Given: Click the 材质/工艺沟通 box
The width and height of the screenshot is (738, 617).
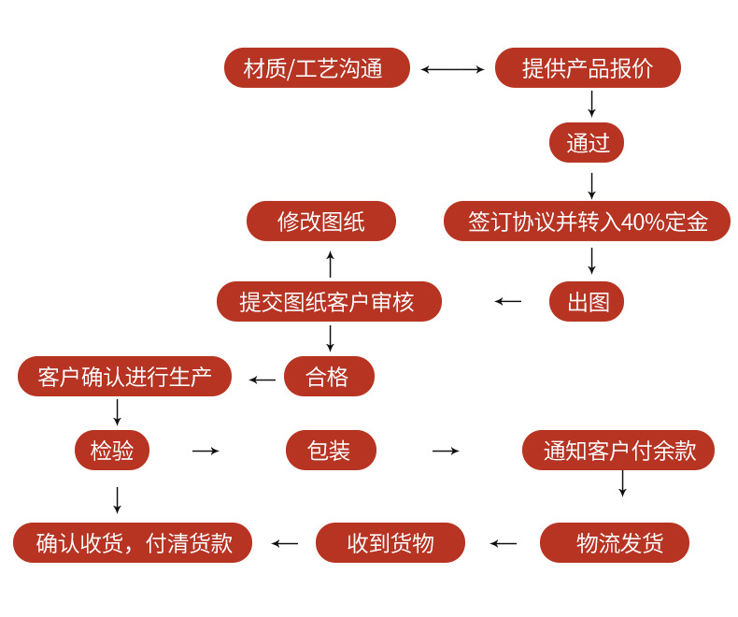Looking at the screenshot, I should pyautogui.click(x=317, y=68).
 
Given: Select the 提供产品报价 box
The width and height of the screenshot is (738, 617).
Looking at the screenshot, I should pyautogui.click(x=588, y=68).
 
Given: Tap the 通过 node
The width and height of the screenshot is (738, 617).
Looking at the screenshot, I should pyautogui.click(x=587, y=143).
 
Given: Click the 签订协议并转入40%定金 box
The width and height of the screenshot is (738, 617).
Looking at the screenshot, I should pyautogui.click(x=587, y=222).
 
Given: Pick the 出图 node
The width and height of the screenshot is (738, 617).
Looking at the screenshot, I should pyautogui.click(x=587, y=301).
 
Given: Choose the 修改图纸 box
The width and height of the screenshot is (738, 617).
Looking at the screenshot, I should pyautogui.click(x=321, y=222).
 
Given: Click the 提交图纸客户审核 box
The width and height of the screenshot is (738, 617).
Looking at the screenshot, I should pyautogui.click(x=329, y=301).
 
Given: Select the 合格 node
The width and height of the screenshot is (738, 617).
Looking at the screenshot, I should pyautogui.click(x=329, y=377).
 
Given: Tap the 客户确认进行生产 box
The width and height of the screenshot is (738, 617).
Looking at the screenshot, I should pyautogui.click(x=124, y=377).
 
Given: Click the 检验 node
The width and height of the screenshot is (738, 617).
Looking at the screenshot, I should pyautogui.click(x=112, y=451).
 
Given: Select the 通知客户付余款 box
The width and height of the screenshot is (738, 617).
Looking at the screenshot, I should pyautogui.click(x=618, y=451).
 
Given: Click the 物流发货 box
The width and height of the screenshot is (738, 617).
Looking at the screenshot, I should pyautogui.click(x=615, y=543).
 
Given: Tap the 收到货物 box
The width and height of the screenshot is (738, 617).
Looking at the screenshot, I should pyautogui.click(x=390, y=543).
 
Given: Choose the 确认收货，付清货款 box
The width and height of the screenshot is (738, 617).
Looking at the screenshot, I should pyautogui.click(x=133, y=543).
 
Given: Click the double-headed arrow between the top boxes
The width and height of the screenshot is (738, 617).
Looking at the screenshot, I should pyautogui.click(x=452, y=69).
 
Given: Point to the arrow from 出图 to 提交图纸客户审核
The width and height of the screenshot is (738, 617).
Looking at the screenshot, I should pyautogui.click(x=508, y=301).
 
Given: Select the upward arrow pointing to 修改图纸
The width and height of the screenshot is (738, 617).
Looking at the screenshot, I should pyautogui.click(x=330, y=264).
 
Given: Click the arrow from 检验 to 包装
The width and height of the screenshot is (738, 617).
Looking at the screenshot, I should pyautogui.click(x=206, y=451).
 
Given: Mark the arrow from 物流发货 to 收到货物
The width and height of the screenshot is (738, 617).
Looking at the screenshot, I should pyautogui.click(x=504, y=543).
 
